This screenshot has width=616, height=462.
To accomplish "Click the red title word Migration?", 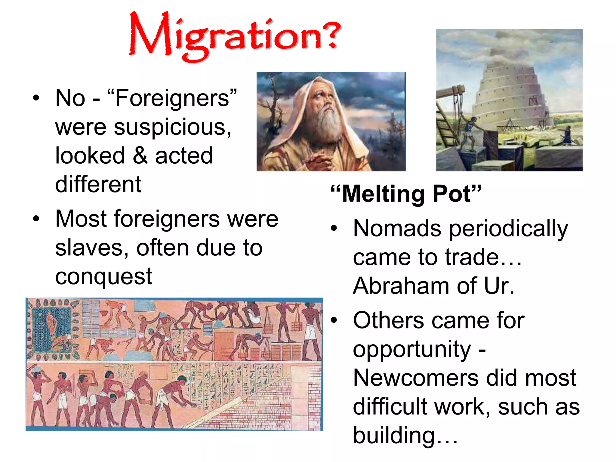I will pyautogui.click(x=235, y=36).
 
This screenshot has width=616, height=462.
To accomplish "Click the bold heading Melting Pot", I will pyautogui.click(x=406, y=194).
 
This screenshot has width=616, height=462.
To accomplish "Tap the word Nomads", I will pyautogui.click(x=397, y=229).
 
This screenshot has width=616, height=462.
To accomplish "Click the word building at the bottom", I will pyautogui.click(x=394, y=435).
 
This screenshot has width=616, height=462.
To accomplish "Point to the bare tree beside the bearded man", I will pyautogui.click(x=272, y=111).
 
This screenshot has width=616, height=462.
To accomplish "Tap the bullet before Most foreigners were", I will pyautogui.click(x=36, y=219).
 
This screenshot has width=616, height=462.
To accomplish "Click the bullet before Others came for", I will pyautogui.click(x=334, y=321).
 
